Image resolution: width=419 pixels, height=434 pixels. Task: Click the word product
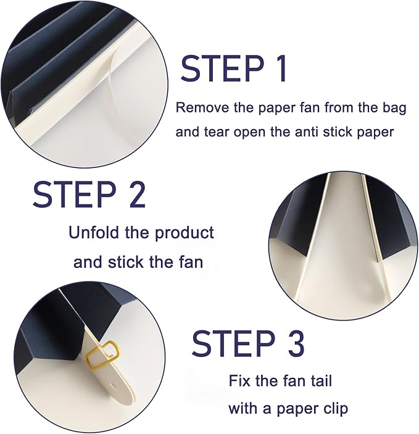(184, 233)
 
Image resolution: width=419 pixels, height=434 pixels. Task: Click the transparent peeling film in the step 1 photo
(115, 91)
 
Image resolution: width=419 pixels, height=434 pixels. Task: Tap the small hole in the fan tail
(114, 386)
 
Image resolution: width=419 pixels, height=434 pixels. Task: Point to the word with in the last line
(243, 408)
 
